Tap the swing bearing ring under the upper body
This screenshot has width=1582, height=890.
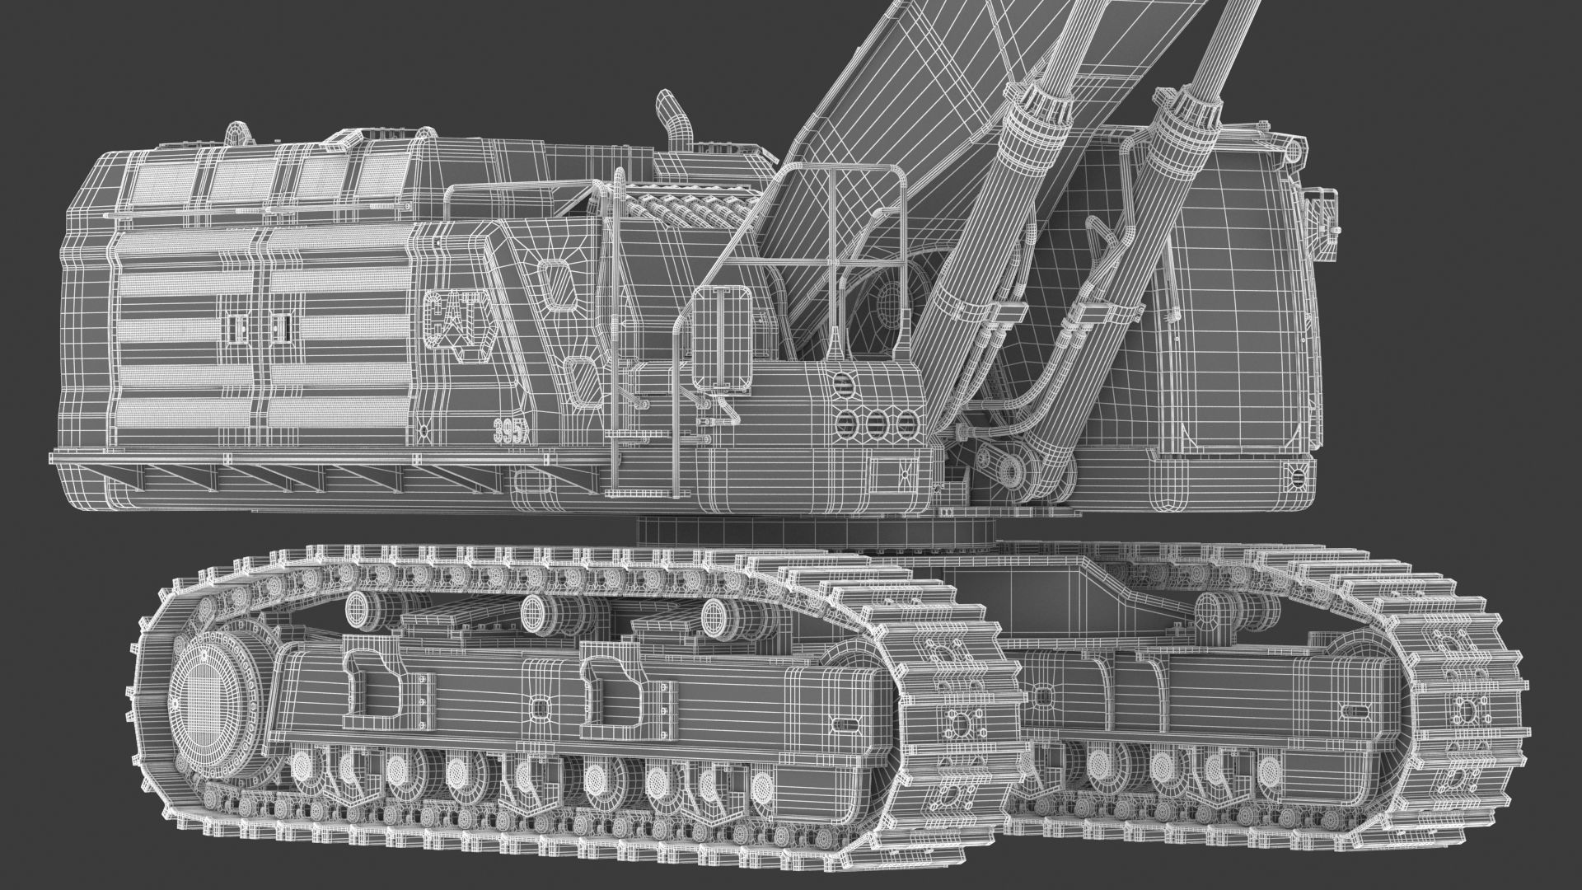coord(816,532)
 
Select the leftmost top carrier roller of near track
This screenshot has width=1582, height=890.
coord(360,611)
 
